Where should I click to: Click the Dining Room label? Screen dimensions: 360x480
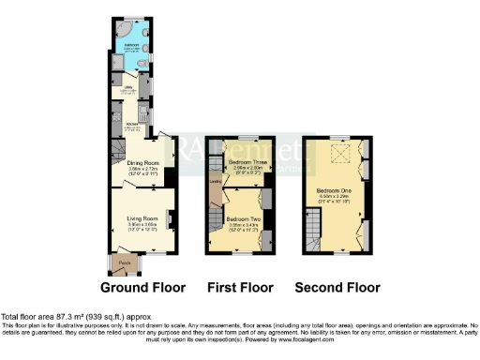click(139, 163)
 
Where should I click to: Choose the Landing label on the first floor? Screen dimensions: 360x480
click(215, 181)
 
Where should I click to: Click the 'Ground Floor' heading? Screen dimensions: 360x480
click(142, 288)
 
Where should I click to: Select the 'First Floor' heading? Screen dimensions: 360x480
click(241, 288)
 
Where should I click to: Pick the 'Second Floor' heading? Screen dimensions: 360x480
click(337, 288)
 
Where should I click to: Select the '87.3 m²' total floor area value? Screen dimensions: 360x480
click(67, 315)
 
